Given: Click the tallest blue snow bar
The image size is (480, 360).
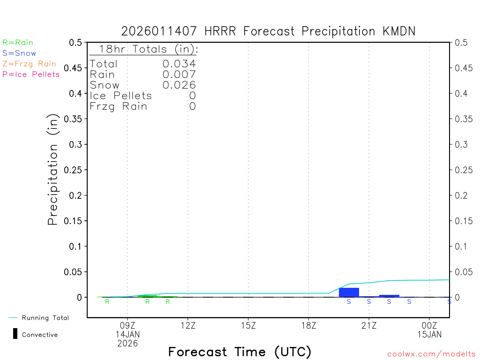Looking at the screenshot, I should [349, 292].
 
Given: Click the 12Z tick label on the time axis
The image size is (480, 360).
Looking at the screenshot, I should [188, 325].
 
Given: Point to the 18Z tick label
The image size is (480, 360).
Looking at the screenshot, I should [308, 325].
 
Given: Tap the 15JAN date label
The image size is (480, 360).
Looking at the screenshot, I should [429, 334].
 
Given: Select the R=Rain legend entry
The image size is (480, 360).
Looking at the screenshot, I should [18, 43].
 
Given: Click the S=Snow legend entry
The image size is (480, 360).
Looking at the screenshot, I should [19, 53].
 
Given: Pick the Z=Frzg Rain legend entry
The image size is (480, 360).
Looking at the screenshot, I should [29, 64].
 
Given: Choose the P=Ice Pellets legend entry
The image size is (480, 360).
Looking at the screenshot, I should [31, 74].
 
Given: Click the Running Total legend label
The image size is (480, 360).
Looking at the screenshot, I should [45, 318].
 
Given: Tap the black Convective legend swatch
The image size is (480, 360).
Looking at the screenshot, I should [15, 334].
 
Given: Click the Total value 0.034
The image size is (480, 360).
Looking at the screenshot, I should [179, 64].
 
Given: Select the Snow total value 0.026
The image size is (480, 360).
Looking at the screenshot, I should [179, 85].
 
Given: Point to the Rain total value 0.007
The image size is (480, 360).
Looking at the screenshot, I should [179, 74].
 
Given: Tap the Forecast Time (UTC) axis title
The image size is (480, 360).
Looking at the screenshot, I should [240, 352].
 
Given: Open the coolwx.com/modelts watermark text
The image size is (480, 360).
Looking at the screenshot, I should [432, 354].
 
